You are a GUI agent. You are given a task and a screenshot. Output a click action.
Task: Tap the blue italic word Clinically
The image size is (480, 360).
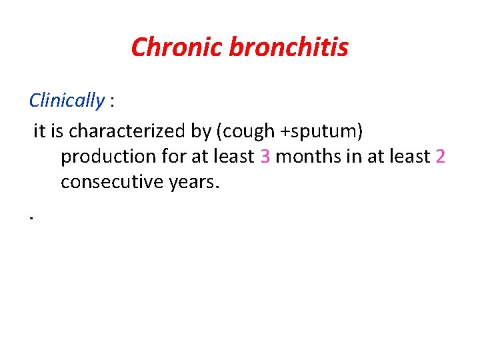tap(67, 101)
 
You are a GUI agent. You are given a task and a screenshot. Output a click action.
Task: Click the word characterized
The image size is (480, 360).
tap(128, 131)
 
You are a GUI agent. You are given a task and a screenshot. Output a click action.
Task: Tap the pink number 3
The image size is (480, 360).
tap(265, 157)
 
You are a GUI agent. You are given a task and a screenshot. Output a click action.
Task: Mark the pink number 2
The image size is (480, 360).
tap(439, 157)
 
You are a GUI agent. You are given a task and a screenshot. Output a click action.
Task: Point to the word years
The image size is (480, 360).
tap(193, 182)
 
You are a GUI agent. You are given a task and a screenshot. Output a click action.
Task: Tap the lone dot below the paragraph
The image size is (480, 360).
tap(31, 217)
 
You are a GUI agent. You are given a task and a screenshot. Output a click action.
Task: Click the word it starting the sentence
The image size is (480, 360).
tap(39, 131)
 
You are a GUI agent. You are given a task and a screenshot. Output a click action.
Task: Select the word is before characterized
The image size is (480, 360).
tap(57, 131)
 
